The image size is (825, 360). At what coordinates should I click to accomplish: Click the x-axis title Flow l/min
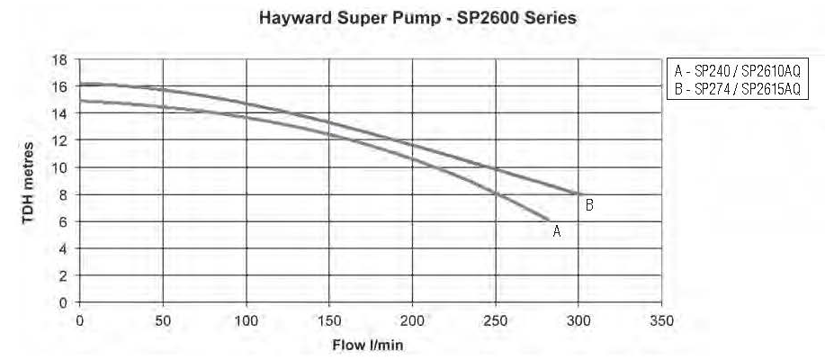point(371,345)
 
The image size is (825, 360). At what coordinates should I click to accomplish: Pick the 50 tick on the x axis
point(163,319)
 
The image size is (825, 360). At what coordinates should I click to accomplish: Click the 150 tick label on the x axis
point(329,319)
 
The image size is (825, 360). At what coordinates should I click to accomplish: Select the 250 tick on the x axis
point(496,319)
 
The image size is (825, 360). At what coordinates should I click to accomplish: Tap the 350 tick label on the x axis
point(662,319)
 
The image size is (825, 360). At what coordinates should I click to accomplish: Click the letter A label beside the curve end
point(557,231)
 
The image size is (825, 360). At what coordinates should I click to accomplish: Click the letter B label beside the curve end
point(589,205)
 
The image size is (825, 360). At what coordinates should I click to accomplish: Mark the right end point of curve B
point(578,194)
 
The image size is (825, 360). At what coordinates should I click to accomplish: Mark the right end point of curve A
point(548,220)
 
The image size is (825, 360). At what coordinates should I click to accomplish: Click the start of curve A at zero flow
point(81,101)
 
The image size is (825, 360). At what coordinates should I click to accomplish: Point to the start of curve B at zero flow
point(81,84)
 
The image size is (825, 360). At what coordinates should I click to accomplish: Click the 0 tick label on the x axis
point(80,319)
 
